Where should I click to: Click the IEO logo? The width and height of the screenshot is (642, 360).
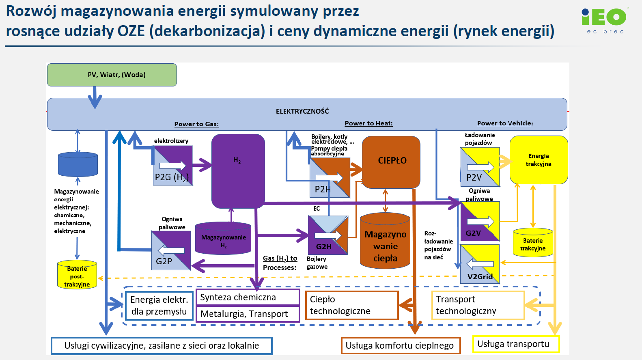click(x=604, y=20)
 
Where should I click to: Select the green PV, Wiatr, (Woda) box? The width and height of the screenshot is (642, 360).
click(x=112, y=75)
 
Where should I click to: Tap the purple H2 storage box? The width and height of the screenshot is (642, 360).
click(x=238, y=171)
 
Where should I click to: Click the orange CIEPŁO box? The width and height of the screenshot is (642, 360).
click(x=391, y=162)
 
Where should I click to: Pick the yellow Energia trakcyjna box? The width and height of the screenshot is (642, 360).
click(x=539, y=160)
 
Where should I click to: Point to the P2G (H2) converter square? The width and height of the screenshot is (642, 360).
click(x=172, y=166)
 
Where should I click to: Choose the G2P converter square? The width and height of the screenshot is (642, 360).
click(x=171, y=250)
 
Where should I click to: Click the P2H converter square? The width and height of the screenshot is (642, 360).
click(x=330, y=178)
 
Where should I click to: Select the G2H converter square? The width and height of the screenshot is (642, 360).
click(x=328, y=235)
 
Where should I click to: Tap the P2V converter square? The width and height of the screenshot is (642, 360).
click(x=480, y=167)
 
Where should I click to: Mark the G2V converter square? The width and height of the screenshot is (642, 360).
click(x=480, y=221)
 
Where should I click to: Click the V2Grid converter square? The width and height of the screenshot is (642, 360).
click(x=480, y=264)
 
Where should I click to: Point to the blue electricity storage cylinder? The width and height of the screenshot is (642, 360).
click(x=78, y=164)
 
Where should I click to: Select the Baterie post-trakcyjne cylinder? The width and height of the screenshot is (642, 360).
click(x=77, y=275)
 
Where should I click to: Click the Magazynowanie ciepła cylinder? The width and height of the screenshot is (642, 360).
click(x=385, y=241)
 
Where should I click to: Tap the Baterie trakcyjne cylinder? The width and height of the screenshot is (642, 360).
click(x=533, y=243)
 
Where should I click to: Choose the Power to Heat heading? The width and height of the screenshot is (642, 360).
click(x=368, y=123)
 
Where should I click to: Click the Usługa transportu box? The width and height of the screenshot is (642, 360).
click(x=516, y=344)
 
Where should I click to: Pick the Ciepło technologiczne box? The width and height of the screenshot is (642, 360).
click(x=351, y=305)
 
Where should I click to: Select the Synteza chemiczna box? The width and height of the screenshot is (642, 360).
click(x=248, y=297)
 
